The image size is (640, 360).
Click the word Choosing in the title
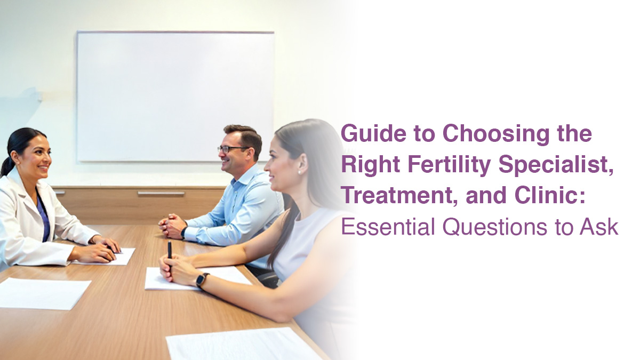point(496,134)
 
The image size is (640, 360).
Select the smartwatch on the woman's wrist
point(202,279)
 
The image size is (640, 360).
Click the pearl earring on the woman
point(300,172)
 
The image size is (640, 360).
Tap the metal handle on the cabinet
point(161,194)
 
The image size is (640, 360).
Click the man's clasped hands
point(172,226)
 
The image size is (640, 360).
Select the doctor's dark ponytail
point(6,166)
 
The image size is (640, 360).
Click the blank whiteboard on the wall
point(175,97)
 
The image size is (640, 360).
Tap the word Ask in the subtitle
point(599,227)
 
